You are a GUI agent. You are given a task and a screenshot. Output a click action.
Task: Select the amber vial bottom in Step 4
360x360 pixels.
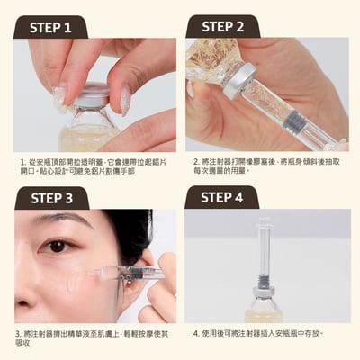pyautogui.click(x=264, y=312)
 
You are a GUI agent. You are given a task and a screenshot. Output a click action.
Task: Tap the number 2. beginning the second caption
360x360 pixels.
pyautogui.click(x=196, y=161)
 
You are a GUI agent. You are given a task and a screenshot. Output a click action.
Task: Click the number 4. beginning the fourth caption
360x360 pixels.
pyautogui.click(x=196, y=333)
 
